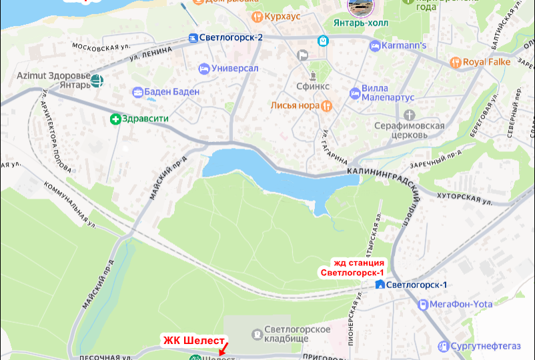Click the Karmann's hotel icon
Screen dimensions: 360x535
click(374, 46)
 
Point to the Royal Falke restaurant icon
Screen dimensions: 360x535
click(456, 62)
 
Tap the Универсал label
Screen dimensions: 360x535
click(235, 69)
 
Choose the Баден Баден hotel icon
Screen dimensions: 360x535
click(138, 92)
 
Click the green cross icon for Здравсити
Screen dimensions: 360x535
click(115, 119)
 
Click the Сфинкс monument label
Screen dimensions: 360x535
click(311, 86)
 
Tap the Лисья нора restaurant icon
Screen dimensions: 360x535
click(326, 105)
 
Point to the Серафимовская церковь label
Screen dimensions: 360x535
click(409, 130)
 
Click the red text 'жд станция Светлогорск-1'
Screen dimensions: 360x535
click(353, 267)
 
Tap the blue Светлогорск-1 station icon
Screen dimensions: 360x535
click(380, 285)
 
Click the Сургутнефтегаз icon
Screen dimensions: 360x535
click(443, 346)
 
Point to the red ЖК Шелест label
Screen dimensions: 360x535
click(193, 340)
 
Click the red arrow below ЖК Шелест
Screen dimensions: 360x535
click(223, 349)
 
